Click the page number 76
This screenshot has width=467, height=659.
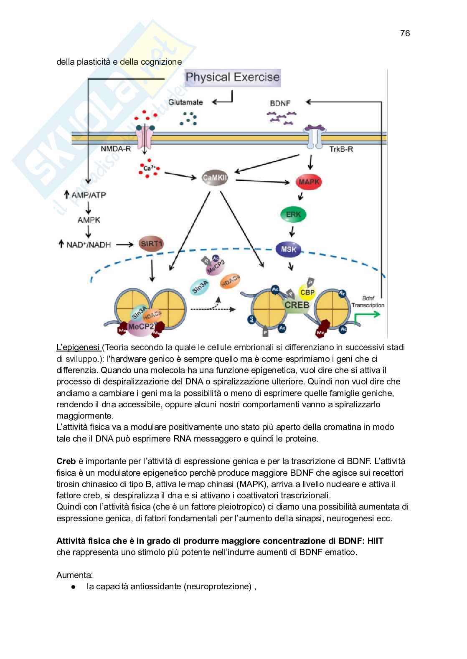pyautogui.click(x=405, y=33)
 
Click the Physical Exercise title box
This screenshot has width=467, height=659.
pyautogui.click(x=233, y=77)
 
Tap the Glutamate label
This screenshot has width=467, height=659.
pyautogui.click(x=186, y=102)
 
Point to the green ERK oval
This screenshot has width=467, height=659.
pyautogui.click(x=293, y=215)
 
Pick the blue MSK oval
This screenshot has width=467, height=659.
pyautogui.click(x=289, y=250)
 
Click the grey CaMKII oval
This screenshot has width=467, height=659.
pyautogui.click(x=218, y=178)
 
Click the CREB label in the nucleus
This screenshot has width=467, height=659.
pyautogui.click(x=297, y=305)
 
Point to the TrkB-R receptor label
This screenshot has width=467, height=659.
pyautogui.click(x=341, y=149)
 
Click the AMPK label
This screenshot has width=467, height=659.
pyautogui.click(x=89, y=220)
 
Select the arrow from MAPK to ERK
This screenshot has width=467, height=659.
pyautogui.click(x=300, y=197)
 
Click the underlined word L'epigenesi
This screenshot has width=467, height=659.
pyautogui.click(x=78, y=347)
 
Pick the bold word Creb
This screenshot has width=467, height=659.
pyautogui.click(x=66, y=462)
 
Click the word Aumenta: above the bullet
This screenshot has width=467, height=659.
pyautogui.click(x=75, y=575)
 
